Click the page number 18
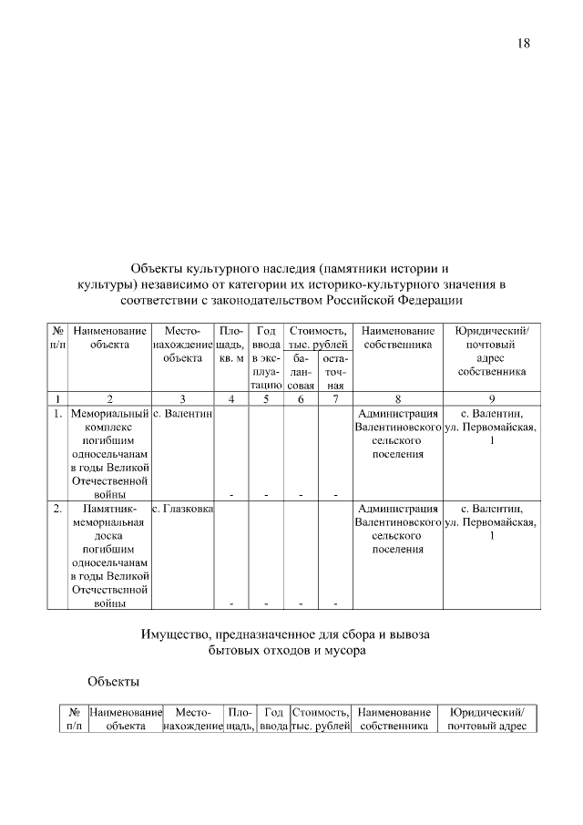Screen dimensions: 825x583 click(x=523, y=43)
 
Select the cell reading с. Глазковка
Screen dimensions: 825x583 click(x=182, y=509)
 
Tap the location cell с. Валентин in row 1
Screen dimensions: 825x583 click(x=182, y=414)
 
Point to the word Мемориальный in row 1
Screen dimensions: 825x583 click(x=109, y=414)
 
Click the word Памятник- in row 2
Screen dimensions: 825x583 click(x=109, y=509)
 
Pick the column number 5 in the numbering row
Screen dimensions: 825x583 click(x=266, y=398)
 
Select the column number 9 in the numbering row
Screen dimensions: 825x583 click(x=491, y=398)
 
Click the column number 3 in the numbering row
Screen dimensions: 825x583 click(x=182, y=398)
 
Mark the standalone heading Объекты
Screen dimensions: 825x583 click(x=114, y=681)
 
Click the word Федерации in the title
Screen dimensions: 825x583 click(x=426, y=298)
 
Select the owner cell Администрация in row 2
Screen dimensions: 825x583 click(x=397, y=509)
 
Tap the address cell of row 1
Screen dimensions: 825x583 click(x=491, y=428)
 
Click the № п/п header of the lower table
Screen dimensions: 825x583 click(x=74, y=718)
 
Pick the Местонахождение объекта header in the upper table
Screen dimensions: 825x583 click(x=182, y=345)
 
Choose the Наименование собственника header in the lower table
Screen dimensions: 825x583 click(x=394, y=718)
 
